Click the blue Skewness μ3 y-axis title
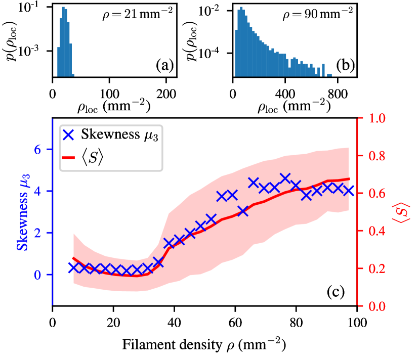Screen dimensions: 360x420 point(23,212)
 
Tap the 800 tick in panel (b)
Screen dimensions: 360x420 point(339,94)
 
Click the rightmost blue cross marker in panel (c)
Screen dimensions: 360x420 point(348,190)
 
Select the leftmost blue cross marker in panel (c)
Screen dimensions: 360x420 point(74,267)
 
